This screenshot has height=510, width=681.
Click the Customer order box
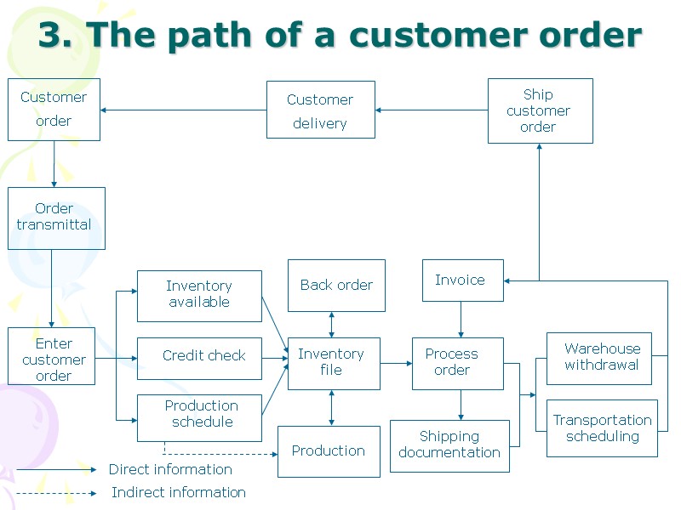pos(54,110)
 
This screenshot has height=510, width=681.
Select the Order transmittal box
pos(56,218)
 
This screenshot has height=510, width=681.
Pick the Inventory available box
pos(199,296)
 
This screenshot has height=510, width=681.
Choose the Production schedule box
pos(199,417)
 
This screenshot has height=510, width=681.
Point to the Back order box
pos(336,286)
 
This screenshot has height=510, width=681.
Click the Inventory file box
pos(334,363)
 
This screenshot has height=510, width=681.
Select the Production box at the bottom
pos(329,451)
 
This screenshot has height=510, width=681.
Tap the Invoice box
pos(462,280)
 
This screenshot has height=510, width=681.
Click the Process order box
pos(457,363)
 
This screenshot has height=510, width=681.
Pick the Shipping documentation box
pos(449,445)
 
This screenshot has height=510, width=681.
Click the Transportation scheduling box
pos(602,428)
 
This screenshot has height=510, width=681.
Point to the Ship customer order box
pos(540,111)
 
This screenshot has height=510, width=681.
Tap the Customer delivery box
pos(320,110)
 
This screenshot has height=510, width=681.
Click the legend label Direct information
pos(170,469)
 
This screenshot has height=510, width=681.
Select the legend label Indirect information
pos(179,492)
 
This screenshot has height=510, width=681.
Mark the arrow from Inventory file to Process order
pos(396,363)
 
